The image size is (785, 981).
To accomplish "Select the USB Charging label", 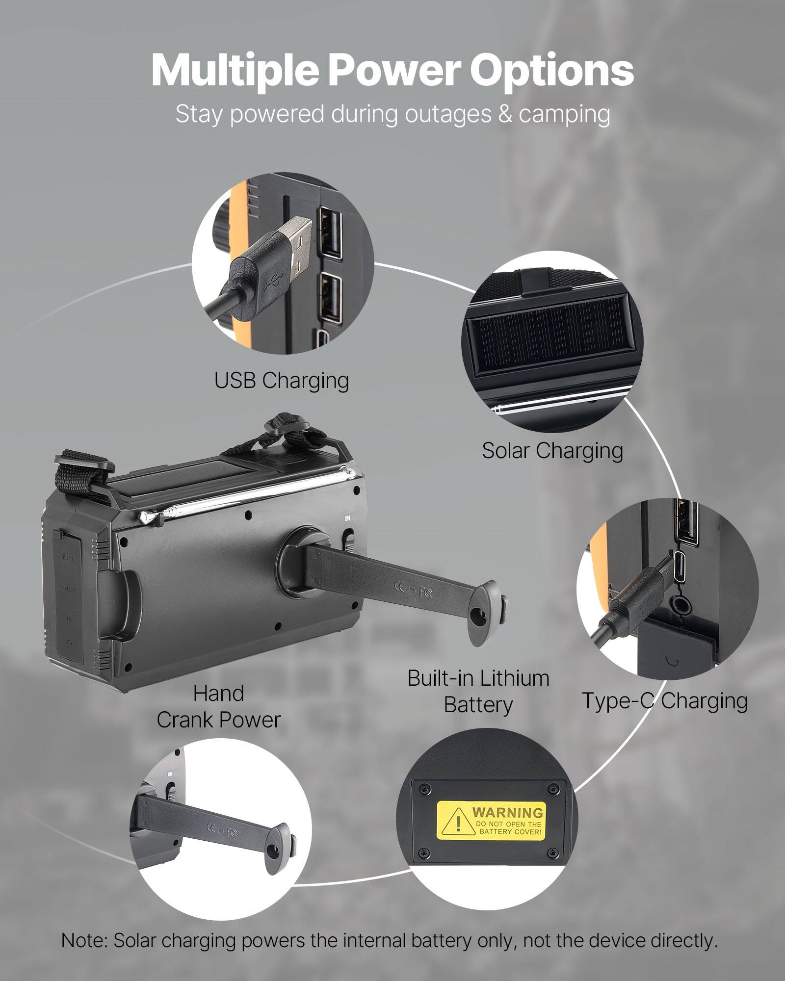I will tap(281, 381).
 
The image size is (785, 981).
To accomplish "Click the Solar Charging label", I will tap(552, 450).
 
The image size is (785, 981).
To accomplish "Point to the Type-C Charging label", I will tap(665, 701).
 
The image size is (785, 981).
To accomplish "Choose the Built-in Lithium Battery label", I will tap(478, 692).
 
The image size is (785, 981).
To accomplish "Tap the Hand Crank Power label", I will tap(218, 707).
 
